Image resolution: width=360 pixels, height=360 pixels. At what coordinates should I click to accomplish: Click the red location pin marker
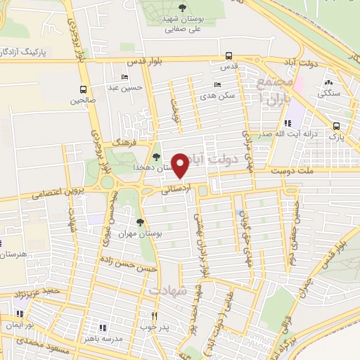tap(181, 165)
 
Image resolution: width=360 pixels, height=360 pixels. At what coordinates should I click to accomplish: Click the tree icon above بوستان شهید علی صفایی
tap(182, 8)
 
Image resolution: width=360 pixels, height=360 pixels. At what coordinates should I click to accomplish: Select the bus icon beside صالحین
tap(84, 89)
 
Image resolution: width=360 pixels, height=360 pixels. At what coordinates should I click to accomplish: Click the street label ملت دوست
tap(290, 169)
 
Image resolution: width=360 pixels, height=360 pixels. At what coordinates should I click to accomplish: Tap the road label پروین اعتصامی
tap(53, 195)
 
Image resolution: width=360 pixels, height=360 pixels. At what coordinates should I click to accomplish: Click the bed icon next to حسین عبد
tap(125, 77)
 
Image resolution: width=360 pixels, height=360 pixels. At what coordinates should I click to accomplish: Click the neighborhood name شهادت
tap(166, 290)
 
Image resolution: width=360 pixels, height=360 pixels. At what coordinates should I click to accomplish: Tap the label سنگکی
tap(328, 93)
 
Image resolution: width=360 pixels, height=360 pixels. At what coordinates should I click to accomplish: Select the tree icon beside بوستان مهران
tap(139, 222)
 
